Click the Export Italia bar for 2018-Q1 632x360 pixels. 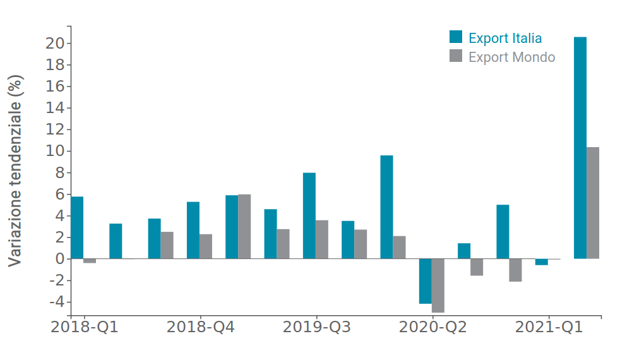click(77, 227)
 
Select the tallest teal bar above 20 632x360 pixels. click(580, 148)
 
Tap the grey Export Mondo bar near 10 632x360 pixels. click(593, 203)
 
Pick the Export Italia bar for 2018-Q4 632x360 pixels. click(193, 230)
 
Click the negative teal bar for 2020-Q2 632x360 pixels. click(425, 281)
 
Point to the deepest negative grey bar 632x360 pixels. click(438, 285)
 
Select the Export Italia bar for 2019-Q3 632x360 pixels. click(309, 215)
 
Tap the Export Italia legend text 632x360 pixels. click(505, 38)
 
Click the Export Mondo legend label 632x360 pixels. click(511, 57)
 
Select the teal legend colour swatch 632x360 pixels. click(456, 37)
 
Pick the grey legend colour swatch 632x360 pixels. click(456, 56)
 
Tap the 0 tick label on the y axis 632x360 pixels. click(59, 259)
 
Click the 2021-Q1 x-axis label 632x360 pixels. click(549, 327)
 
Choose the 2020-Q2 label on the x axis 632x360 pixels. click(432, 327)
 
